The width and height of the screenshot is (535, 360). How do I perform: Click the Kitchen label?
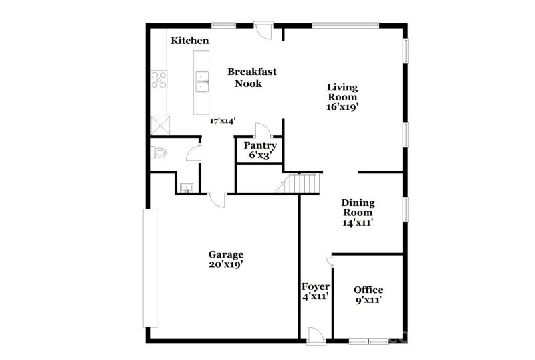coord(190,41)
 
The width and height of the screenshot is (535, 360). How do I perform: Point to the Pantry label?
coord(260,145)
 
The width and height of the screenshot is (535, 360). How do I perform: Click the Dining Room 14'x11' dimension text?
coord(358,223)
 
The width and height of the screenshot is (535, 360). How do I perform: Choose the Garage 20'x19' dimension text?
coord(225,264)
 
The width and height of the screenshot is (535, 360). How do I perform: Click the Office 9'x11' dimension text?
coord(368,300)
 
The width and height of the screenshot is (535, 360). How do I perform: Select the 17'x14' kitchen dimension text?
coord(223,121)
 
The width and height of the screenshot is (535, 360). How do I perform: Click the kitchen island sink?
coord(201,82)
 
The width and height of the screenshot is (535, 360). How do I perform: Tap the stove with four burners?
coord(159,80)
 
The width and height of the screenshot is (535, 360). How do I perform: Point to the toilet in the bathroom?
coord(158,153)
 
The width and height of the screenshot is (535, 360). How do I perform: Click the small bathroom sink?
coord(186,187)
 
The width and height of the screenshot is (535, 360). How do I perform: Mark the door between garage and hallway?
coord(218,199)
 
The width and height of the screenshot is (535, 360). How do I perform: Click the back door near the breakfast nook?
coord(263,31)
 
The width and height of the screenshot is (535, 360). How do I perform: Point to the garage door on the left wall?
coord(151,268)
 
